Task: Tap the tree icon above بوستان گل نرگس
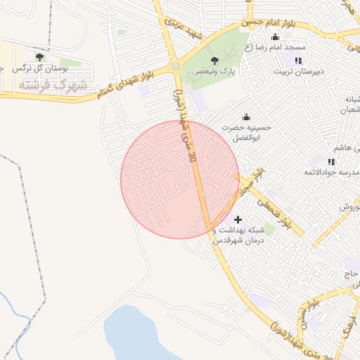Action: [x=39, y=56]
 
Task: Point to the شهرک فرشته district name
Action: [x=53, y=84]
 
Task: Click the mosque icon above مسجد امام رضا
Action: [x=275, y=37]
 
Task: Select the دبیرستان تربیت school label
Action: [x=297, y=71]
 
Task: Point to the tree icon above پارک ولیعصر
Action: [x=215, y=60]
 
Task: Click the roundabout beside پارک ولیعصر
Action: [x=174, y=67]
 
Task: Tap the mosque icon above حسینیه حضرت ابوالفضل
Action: [x=246, y=117]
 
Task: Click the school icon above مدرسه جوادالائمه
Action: [x=331, y=162]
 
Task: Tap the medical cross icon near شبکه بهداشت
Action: [x=238, y=220]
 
